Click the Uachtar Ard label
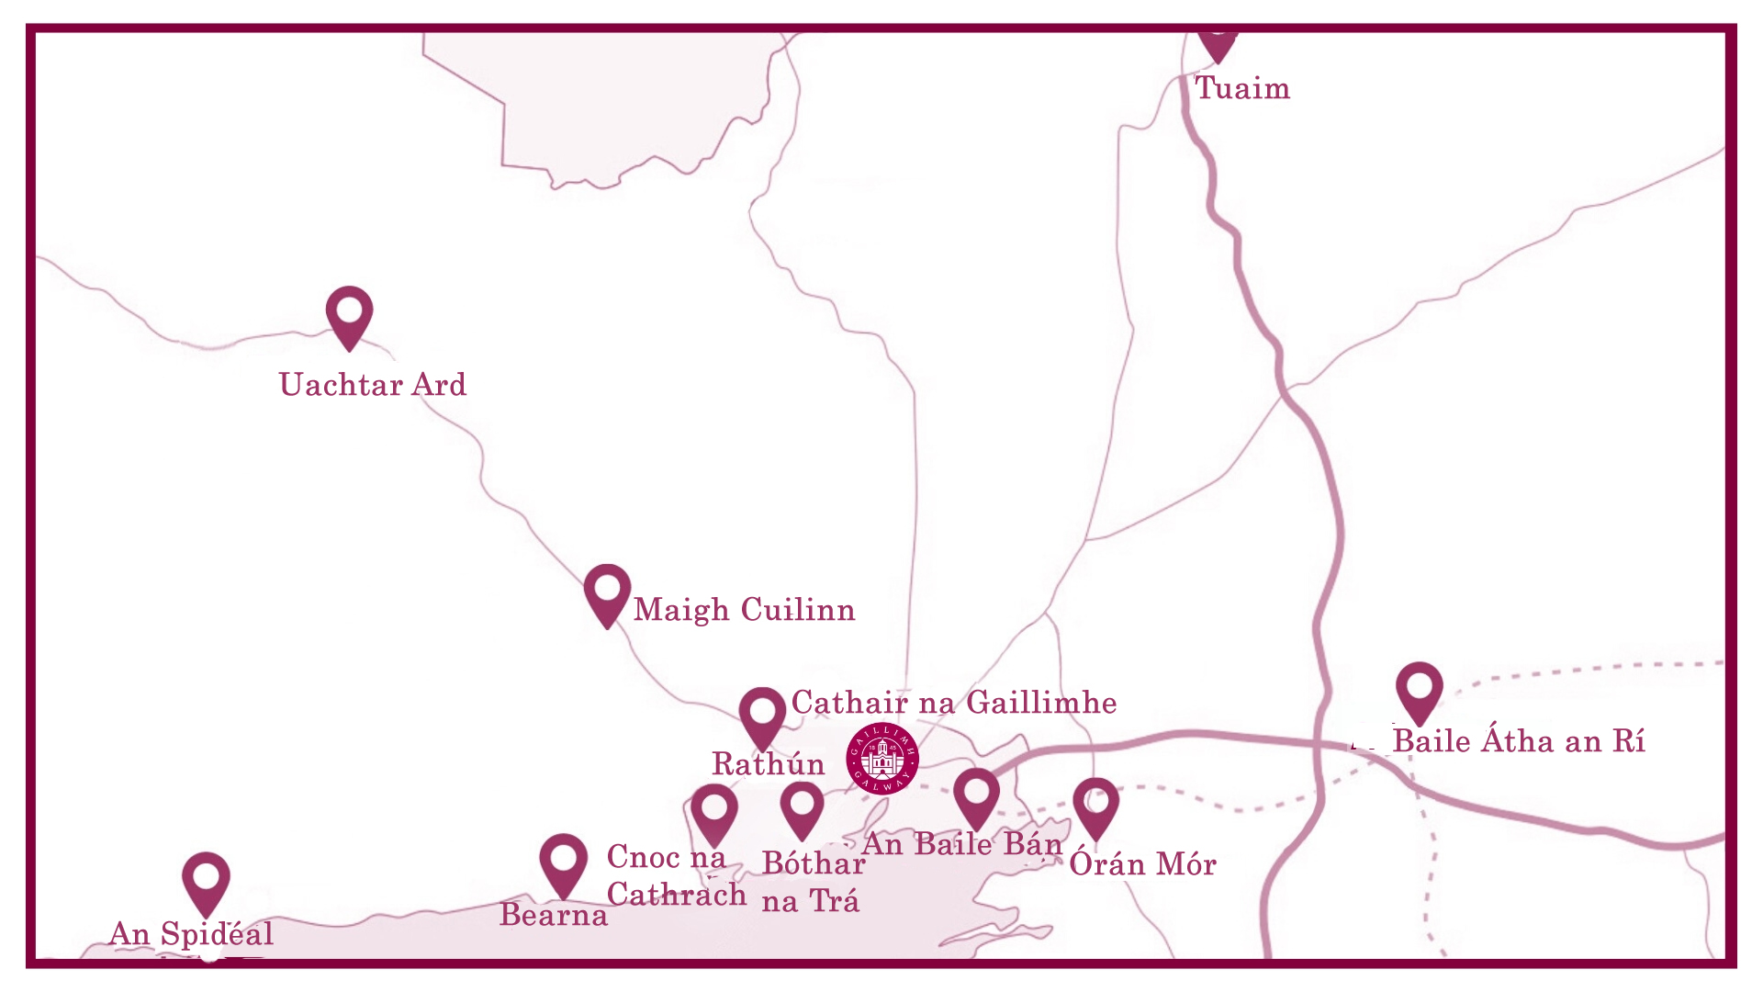pos(373,385)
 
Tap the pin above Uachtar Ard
pos(349,315)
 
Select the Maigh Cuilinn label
pos(744,610)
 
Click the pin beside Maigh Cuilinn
pos(607,593)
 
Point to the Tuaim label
pos(1241,88)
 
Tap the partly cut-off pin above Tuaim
pos(1218,44)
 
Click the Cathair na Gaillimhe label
pos(954,703)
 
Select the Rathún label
pos(769,764)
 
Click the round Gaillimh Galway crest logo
pos(882,757)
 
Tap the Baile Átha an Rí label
pos(1519,741)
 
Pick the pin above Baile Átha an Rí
pos(1420,692)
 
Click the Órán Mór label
pos(1143,864)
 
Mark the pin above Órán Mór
pos(1095,806)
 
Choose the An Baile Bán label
pos(962,844)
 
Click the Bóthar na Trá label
pos(812,883)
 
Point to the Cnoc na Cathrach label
pos(676,876)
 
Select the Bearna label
pos(554,916)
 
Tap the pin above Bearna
pos(563,864)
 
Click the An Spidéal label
pos(191,934)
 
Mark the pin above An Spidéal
pos(206,882)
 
